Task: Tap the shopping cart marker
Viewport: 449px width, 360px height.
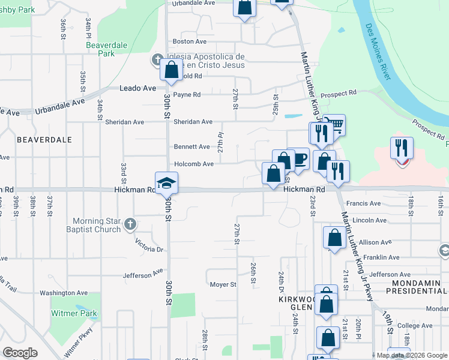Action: point(334,125)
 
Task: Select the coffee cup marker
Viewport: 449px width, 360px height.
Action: point(298,159)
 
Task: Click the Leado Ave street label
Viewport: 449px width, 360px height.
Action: point(138,88)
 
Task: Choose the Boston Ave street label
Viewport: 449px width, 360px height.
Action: point(189,41)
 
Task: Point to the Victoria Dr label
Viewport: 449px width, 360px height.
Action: point(149,247)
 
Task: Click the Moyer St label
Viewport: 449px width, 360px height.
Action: point(221,284)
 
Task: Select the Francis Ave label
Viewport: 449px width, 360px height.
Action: point(368,203)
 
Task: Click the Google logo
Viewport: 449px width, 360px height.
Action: point(20,353)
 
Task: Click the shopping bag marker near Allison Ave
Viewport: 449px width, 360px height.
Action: point(334,238)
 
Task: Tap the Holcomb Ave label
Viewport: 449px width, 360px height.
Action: point(193,164)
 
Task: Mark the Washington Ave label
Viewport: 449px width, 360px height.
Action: point(64,293)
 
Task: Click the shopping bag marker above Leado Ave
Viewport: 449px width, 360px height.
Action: point(172,69)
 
